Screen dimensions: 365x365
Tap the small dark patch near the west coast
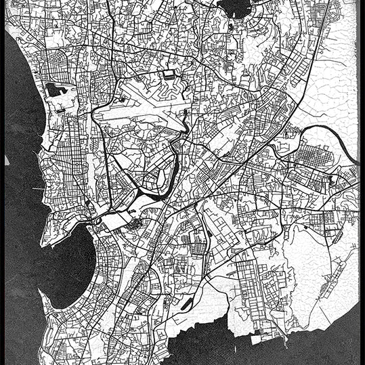(x=54, y=89)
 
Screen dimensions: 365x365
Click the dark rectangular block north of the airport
(x=169, y=74)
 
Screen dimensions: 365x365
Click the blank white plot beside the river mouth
(x=115, y=220)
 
